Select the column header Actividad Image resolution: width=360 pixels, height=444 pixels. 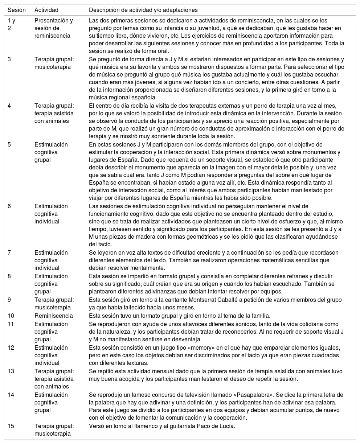coord(46,9)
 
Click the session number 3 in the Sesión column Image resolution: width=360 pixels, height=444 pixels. coord(9,58)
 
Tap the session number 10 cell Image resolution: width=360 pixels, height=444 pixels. coord(11,316)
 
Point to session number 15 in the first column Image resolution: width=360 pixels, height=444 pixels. coord(11,426)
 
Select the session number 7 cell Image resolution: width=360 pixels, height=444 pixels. coord(9,252)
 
